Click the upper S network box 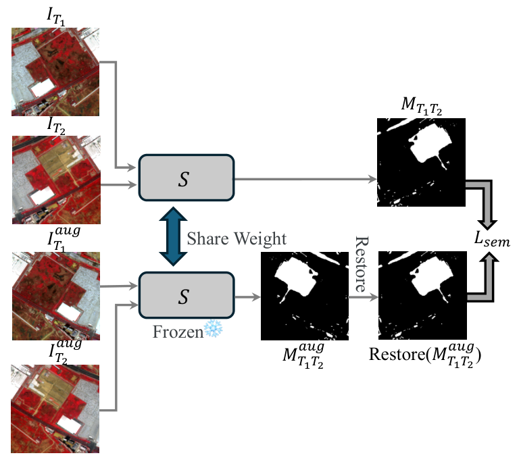click(x=186, y=178)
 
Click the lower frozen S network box click(x=186, y=295)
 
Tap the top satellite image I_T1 click(x=55, y=72)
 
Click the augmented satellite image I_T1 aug click(x=55, y=296)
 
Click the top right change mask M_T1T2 click(x=421, y=162)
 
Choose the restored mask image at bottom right click(x=421, y=295)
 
